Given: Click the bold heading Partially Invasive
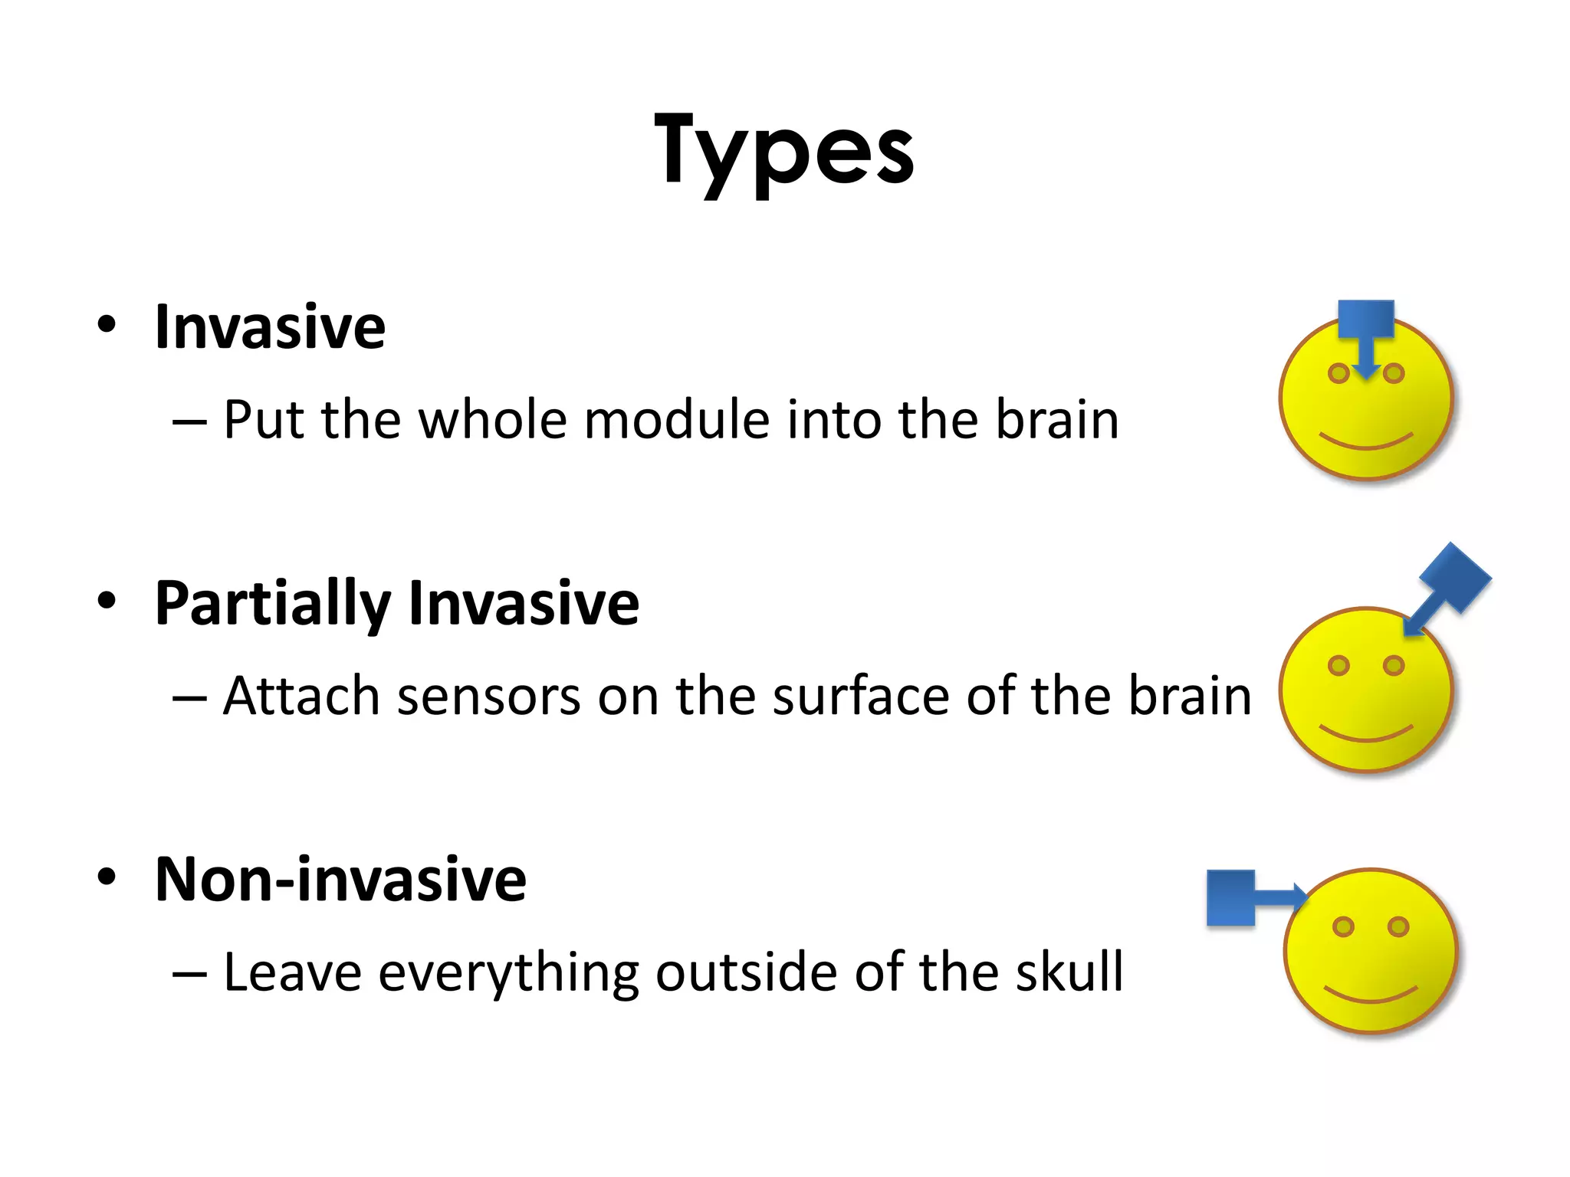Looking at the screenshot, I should [x=396, y=604].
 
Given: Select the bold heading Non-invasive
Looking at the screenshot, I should [x=340, y=880].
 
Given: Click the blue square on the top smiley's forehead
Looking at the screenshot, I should [x=1365, y=319].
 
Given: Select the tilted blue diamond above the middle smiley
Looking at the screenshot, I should [x=1455, y=578].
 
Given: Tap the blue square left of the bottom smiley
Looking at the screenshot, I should [x=1230, y=897].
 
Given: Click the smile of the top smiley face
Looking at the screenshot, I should [x=1365, y=443].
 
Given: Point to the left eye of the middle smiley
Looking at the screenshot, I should [x=1338, y=665].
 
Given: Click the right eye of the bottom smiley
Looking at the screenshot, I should [x=1398, y=926].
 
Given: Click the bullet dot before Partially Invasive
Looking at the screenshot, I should [x=107, y=600].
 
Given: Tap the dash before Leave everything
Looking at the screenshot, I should [x=189, y=974].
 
